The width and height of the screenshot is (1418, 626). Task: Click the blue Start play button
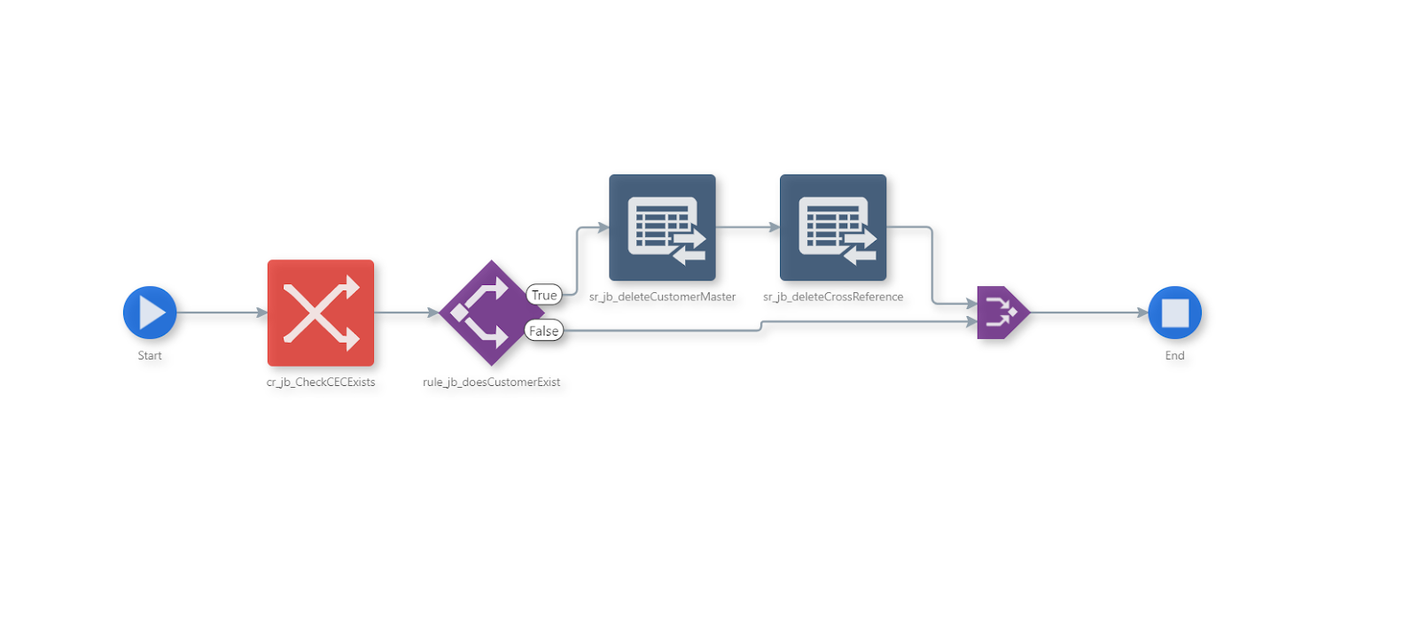pyautogui.click(x=150, y=313)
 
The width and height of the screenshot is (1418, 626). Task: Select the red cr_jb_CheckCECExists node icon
pyautogui.click(x=321, y=313)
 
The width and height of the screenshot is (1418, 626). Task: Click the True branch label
pyautogui.click(x=544, y=295)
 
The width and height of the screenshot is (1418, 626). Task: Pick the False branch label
pyautogui.click(x=543, y=331)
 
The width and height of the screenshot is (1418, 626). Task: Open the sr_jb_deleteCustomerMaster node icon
pyautogui.click(x=662, y=228)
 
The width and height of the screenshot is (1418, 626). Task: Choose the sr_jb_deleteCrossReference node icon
pyautogui.click(x=833, y=228)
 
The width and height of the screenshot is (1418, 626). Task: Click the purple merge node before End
pyautogui.click(x=1001, y=313)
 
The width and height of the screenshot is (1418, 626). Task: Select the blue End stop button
pyautogui.click(x=1174, y=313)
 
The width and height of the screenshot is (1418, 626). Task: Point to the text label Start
pyautogui.click(x=150, y=356)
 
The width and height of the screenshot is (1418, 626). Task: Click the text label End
pyautogui.click(x=1174, y=356)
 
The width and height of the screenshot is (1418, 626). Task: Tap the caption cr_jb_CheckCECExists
pyautogui.click(x=321, y=383)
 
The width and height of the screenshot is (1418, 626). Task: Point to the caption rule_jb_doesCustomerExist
pyautogui.click(x=491, y=383)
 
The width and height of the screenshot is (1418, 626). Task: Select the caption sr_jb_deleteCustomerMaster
pyautogui.click(x=662, y=298)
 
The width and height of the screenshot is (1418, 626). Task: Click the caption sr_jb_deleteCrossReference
pyautogui.click(x=833, y=298)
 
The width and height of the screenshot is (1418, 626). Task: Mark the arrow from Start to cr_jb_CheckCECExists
pyautogui.click(x=222, y=313)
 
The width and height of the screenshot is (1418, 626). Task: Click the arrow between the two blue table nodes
pyautogui.click(x=747, y=228)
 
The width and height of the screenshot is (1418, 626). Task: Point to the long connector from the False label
pyautogui.click(x=665, y=331)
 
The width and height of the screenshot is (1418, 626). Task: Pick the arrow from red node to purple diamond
pyautogui.click(x=406, y=313)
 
